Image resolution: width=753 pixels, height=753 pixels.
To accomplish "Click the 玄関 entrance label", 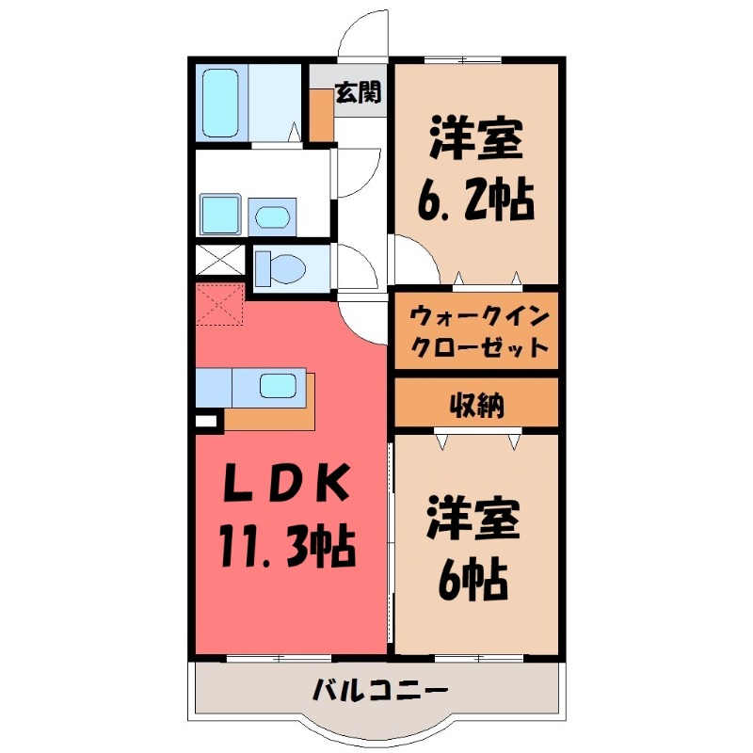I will pyautogui.click(x=358, y=92).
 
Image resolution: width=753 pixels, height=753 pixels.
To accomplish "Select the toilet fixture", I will pyautogui.click(x=280, y=267).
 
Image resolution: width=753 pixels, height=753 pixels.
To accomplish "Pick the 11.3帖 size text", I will pyautogui.click(x=287, y=545).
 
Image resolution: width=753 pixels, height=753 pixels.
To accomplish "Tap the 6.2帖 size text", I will pyautogui.click(x=475, y=199).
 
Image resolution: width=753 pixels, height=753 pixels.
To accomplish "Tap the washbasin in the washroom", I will pyautogui.click(x=273, y=216).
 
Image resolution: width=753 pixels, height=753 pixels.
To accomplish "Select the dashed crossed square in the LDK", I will pyautogui.click(x=220, y=304).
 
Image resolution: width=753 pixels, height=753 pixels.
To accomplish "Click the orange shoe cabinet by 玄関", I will pyautogui.click(x=322, y=114).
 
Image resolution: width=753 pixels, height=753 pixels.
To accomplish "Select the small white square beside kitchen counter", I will pyautogui.click(x=206, y=422).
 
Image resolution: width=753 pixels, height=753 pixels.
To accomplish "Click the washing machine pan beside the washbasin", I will pyautogui.click(x=220, y=215).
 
